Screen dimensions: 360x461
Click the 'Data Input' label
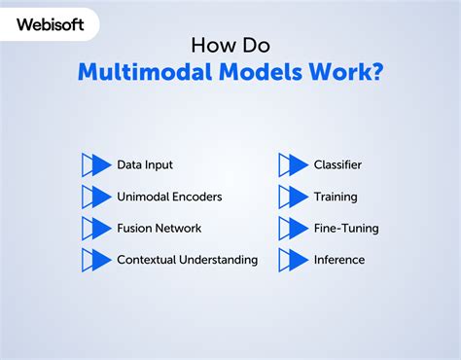tap(145, 165)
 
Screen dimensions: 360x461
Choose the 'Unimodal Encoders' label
tap(169, 197)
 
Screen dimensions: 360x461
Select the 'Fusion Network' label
tap(160, 228)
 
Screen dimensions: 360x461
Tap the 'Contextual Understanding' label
tap(187, 260)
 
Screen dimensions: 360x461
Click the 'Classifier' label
tap(337, 165)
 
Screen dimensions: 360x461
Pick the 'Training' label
tap(336, 197)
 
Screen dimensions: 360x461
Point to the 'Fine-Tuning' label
tap(345, 228)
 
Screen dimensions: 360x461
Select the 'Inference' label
tap(339, 260)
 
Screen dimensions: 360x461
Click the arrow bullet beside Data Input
tap(97, 165)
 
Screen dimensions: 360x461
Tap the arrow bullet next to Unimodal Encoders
tap(97, 197)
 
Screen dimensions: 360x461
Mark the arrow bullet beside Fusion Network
tap(97, 229)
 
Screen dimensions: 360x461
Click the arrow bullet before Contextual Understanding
tap(97, 260)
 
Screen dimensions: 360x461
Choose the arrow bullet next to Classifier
tap(294, 165)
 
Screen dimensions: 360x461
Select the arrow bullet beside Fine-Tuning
tap(294, 229)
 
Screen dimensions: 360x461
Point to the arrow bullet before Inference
tap(294, 260)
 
